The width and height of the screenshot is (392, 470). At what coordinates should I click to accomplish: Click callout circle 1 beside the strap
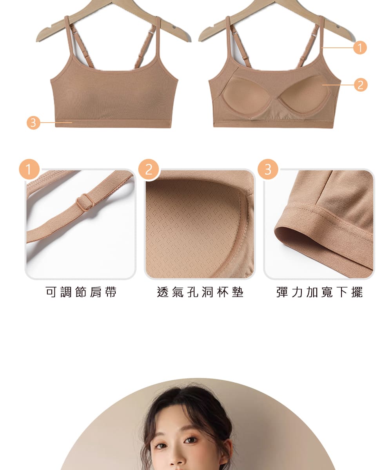coord(360,48)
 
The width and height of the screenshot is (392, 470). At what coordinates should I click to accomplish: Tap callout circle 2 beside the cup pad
coord(360,85)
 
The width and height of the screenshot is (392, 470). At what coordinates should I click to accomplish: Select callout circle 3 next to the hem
coord(33,123)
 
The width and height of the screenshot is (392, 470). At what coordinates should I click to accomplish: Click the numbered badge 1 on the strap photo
coord(29,170)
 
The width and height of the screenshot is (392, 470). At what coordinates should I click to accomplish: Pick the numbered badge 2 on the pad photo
coord(148,170)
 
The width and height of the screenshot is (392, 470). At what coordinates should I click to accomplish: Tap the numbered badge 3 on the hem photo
coord(268,170)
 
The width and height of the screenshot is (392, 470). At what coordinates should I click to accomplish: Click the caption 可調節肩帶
coord(81,292)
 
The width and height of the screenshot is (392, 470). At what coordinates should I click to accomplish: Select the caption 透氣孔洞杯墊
coord(200,292)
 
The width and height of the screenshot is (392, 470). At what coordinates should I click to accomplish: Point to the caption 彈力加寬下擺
coord(319,292)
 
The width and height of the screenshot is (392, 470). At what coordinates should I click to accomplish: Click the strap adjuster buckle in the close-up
coord(85,202)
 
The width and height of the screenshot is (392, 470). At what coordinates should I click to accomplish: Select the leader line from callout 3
coord(56,123)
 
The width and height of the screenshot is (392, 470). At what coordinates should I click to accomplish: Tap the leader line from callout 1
coord(338,48)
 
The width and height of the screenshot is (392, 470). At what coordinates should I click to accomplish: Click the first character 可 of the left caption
coord(51,292)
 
